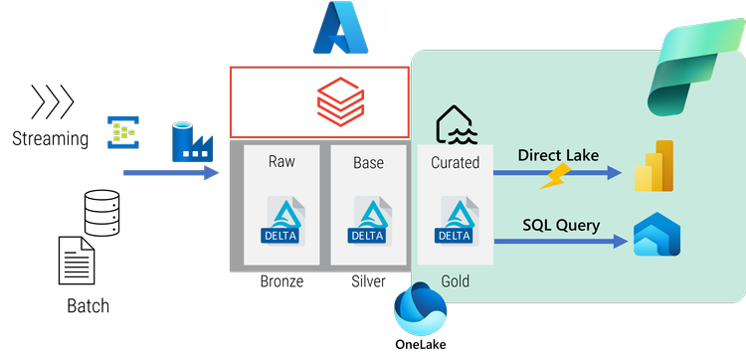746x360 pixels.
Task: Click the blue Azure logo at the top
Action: click(341, 28)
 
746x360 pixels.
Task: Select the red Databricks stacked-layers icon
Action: click(337, 100)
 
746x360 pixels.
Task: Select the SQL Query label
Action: click(561, 225)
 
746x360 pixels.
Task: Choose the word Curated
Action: click(455, 161)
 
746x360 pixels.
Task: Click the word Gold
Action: click(455, 282)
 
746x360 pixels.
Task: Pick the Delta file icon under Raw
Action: click(281, 220)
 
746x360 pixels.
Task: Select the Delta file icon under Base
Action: click(368, 220)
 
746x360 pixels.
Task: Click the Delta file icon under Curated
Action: click(455, 220)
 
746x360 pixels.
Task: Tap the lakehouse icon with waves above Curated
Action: click(455, 125)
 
